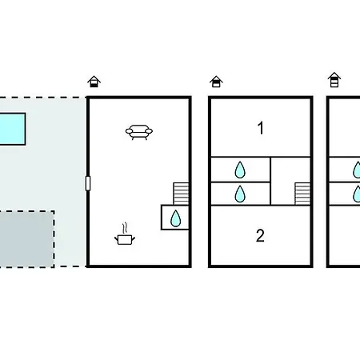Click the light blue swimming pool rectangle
click(13, 129)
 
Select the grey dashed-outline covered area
click(26, 239)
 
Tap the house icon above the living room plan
click(94, 82)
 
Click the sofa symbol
click(139, 132)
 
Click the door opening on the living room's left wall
click(88, 183)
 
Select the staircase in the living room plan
click(181, 194)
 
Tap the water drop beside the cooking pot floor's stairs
click(175, 218)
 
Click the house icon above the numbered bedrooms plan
click(216, 82)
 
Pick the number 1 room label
click(261, 128)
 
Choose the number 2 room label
click(260, 236)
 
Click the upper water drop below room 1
click(240, 170)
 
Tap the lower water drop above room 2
click(240, 194)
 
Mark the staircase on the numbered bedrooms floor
click(302, 194)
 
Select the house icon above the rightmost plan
click(334, 80)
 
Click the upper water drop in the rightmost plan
click(357, 170)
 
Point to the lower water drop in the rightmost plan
click(357, 194)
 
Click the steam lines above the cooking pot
click(125, 228)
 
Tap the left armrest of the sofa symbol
click(129, 131)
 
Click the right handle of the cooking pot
click(134, 238)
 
